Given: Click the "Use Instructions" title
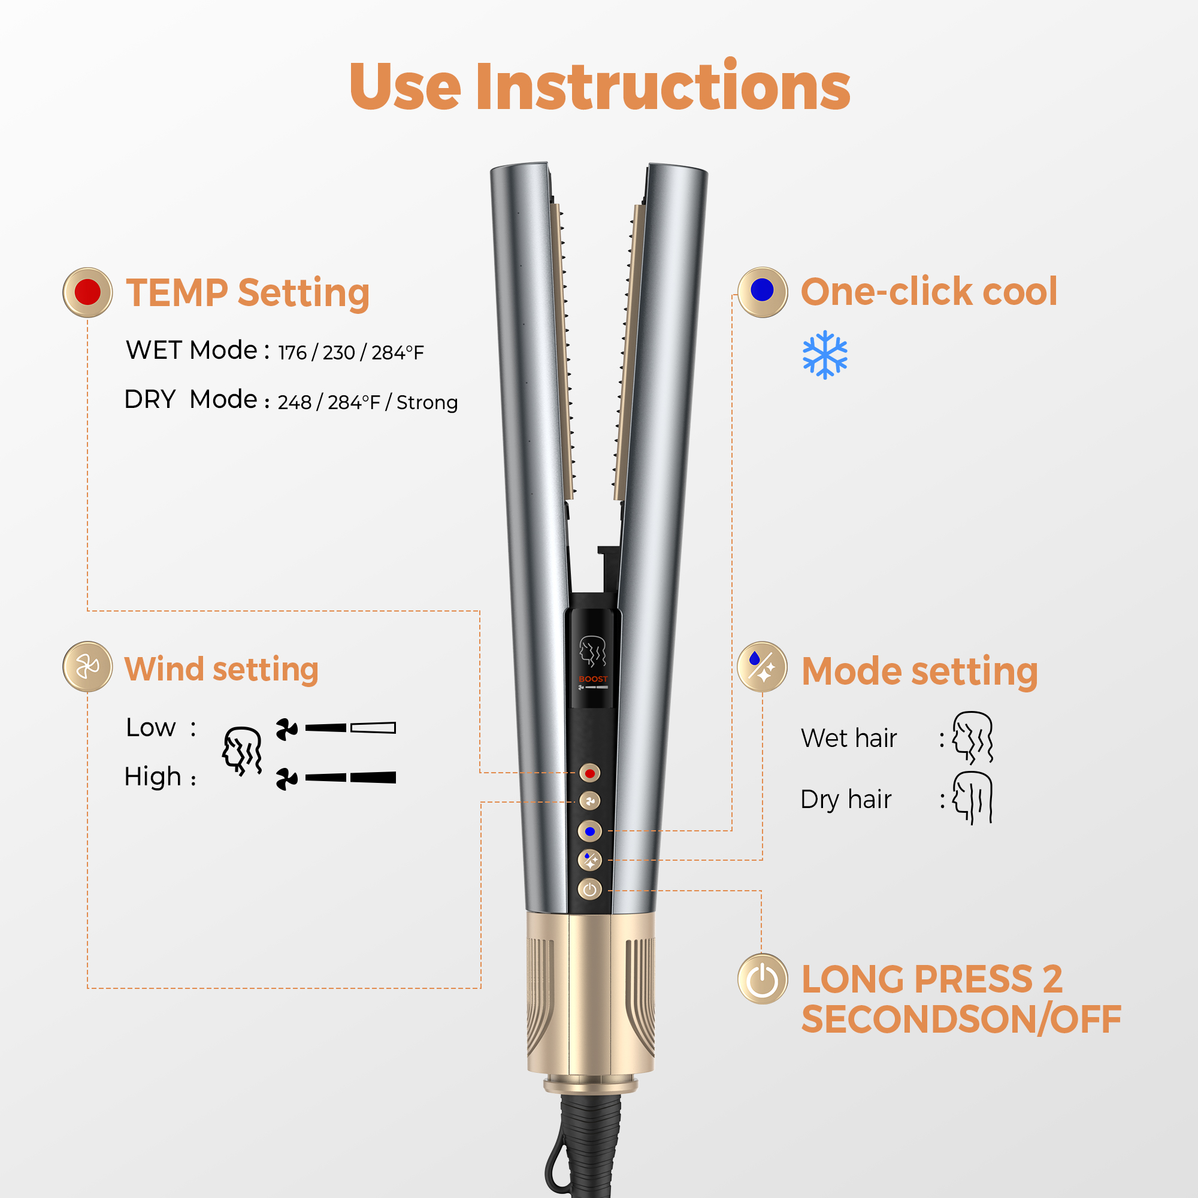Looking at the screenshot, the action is click(600, 86).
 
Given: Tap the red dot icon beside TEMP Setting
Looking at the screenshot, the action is click(87, 292).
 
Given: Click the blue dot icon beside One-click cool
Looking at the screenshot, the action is click(762, 292).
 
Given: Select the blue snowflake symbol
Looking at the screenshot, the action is click(825, 355).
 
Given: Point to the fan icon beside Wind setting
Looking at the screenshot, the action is click(87, 667).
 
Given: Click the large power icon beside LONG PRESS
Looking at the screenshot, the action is click(762, 979).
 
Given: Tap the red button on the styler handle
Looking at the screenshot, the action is click(589, 773).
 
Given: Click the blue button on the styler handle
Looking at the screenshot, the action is click(589, 831).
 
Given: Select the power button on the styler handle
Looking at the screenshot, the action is click(589, 889).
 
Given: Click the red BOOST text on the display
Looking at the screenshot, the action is click(593, 679).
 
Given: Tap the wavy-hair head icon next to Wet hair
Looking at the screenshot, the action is click(972, 737).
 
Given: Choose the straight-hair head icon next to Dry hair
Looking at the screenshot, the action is click(972, 798).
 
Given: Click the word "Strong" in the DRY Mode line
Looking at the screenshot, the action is click(427, 403).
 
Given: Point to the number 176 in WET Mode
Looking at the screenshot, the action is click(293, 353).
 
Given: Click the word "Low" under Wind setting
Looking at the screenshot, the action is click(151, 727).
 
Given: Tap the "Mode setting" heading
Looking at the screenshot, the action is click(919, 672).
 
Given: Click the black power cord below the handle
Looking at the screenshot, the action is click(583, 1147).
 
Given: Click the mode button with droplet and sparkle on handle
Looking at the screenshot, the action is click(589, 860).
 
